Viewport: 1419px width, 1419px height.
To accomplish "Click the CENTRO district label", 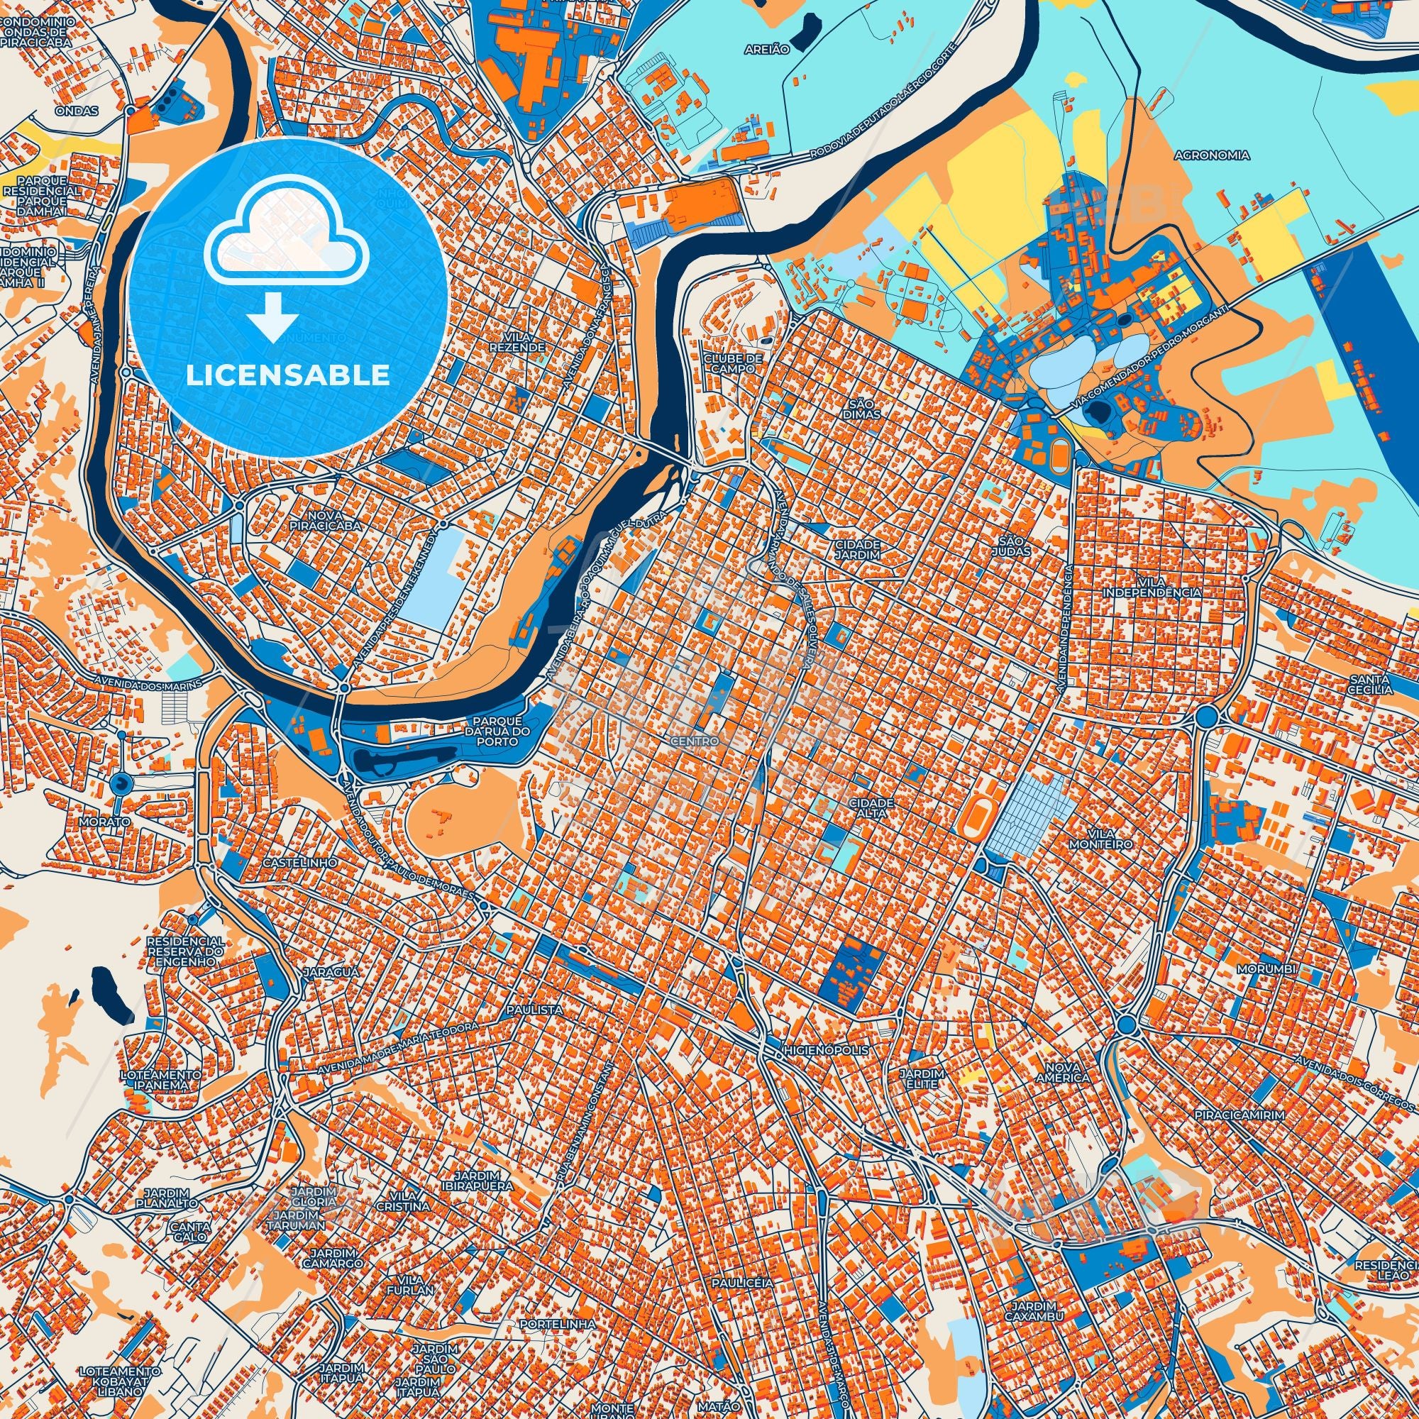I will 694,742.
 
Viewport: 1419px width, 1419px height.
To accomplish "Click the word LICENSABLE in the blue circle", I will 288,375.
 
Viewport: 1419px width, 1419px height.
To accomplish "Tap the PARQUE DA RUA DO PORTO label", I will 497,731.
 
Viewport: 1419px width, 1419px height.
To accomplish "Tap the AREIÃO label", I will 767,48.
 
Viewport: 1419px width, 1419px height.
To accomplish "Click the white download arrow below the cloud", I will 272,317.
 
